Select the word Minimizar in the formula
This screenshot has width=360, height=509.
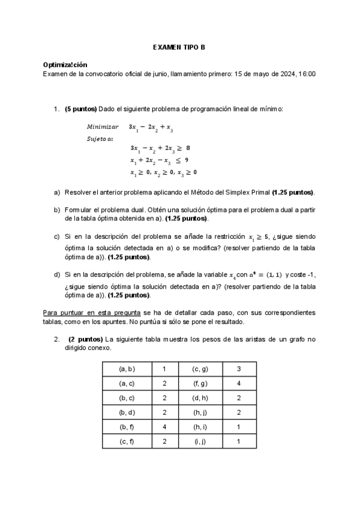[103, 127]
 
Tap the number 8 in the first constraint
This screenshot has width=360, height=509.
[188, 148]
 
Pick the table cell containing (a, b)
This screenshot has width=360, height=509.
[127, 369]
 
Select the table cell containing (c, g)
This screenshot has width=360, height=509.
[200, 369]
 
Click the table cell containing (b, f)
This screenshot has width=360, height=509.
[127, 427]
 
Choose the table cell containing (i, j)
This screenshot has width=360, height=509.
[200, 442]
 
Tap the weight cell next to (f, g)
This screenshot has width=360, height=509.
[238, 384]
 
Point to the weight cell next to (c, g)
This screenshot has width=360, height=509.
[238, 369]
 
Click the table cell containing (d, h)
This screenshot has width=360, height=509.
[200, 398]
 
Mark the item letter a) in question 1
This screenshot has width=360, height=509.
[57, 192]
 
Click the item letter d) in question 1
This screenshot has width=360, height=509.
[57, 274]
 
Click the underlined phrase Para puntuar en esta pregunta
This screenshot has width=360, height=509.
[91, 313]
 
